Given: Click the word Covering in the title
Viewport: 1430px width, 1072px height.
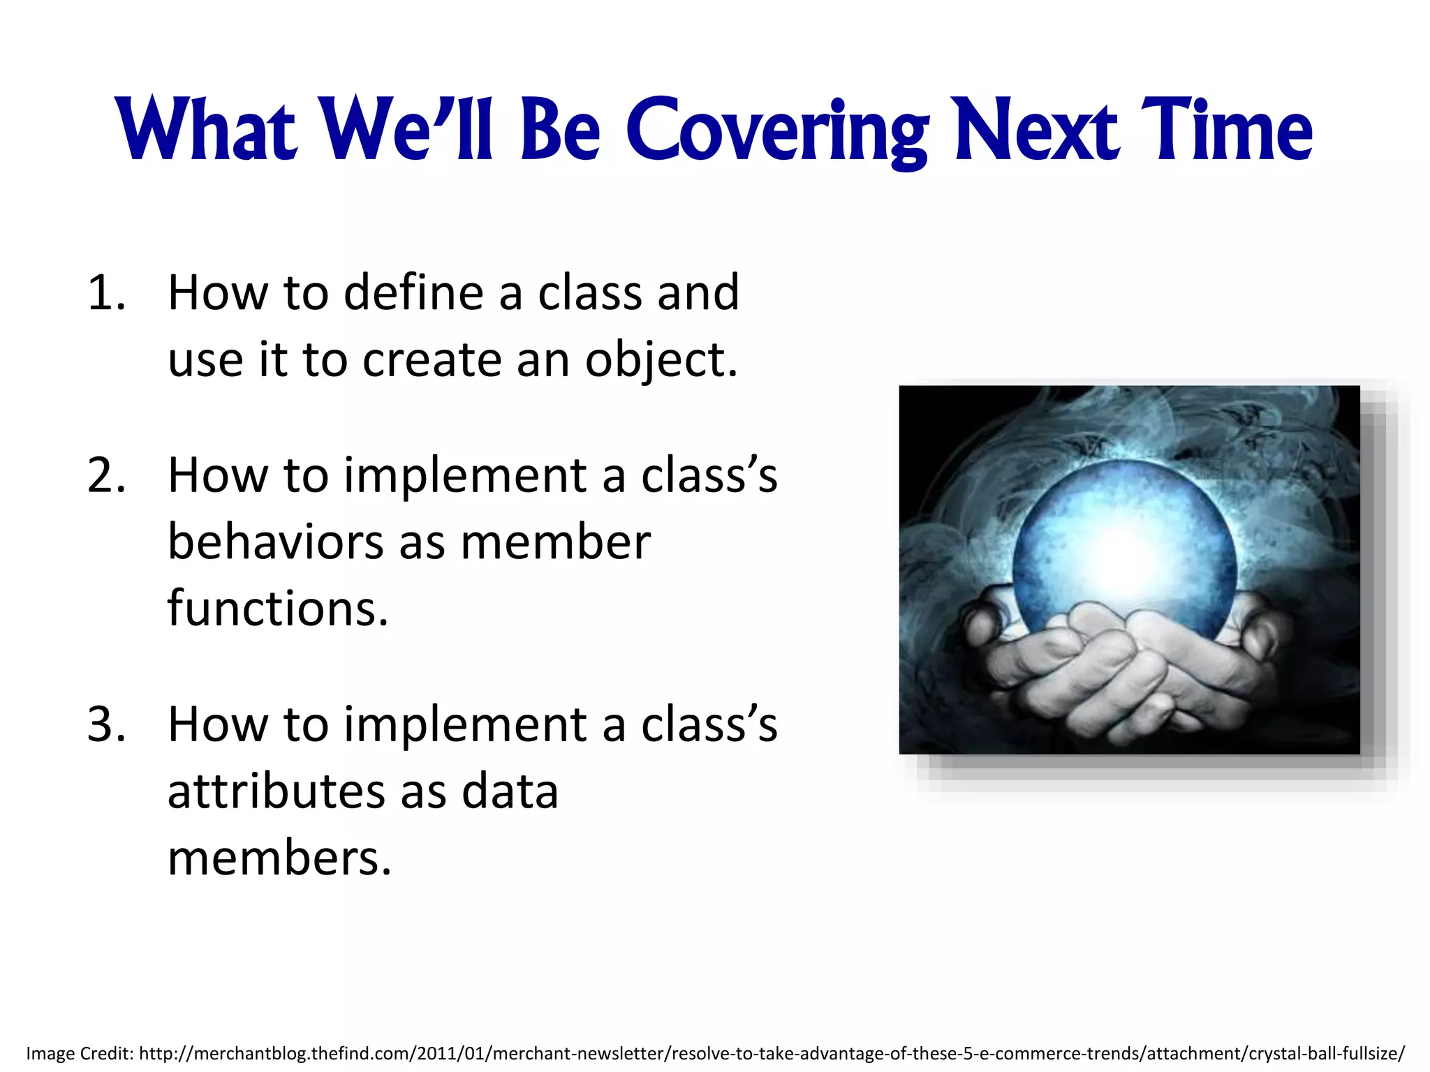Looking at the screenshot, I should point(776,131).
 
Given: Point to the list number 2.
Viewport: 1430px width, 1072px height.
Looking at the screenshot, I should point(106,476).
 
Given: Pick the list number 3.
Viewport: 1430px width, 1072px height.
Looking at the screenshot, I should point(106,724).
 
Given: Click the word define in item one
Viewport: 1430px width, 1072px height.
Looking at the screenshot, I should point(413,292).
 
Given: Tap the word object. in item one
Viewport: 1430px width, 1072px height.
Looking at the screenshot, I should point(661,361).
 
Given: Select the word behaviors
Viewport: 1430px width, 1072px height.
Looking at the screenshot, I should point(275,542).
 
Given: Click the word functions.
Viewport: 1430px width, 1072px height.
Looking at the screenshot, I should point(277,609).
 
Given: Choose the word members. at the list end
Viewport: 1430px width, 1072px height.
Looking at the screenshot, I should point(279,858).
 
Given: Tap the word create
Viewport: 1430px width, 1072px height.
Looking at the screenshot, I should point(432,361).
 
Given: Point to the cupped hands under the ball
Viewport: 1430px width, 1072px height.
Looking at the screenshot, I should point(1124,670).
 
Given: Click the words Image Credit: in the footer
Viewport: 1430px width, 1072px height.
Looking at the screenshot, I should point(80,1053).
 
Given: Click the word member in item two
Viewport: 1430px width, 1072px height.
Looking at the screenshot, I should point(555,542).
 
